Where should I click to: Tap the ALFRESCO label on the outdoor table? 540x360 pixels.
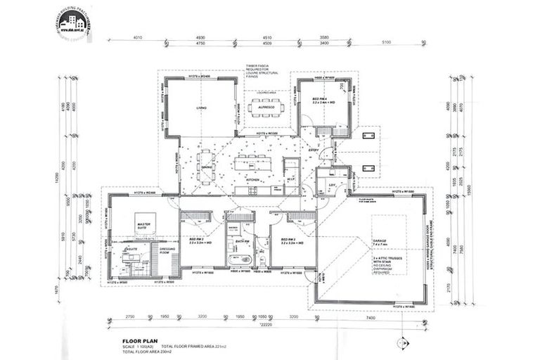pyautogui.click(x=265, y=109)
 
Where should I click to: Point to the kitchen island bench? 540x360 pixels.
pyautogui.click(x=254, y=164)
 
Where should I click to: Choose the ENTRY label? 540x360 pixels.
pyautogui.click(x=314, y=149)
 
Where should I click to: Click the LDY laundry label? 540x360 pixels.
pyautogui.click(x=331, y=185)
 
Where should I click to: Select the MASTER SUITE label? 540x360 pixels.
pyautogui.click(x=144, y=225)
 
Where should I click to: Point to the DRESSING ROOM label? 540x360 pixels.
pyautogui.click(x=165, y=251)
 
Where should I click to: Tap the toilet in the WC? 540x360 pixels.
pyautogui.click(x=262, y=262)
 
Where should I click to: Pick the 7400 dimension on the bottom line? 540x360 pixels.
pyautogui.click(x=370, y=318)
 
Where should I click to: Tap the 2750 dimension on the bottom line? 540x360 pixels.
pyautogui.click(x=129, y=318)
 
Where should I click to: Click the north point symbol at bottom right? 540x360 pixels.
pyautogui.click(x=402, y=343)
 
